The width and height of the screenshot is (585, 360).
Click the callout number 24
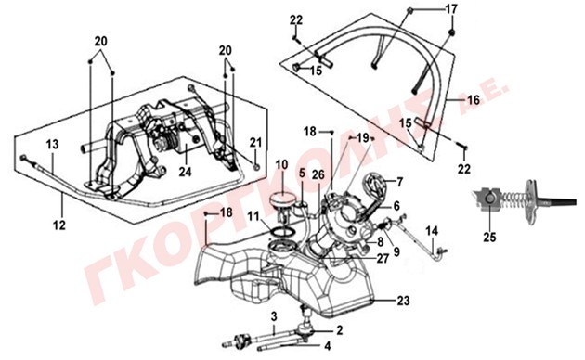185,172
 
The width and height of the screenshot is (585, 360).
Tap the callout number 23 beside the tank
403,301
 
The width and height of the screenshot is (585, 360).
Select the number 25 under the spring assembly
490,237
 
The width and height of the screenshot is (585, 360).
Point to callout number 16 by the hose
473,100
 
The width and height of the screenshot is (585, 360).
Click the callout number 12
59,225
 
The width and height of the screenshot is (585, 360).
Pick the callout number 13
53,144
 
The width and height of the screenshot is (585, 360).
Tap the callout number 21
255,142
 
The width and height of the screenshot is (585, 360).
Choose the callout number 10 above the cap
282,165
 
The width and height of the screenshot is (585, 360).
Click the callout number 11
253,216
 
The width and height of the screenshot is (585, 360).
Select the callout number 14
432,231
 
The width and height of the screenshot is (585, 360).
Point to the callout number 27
383,258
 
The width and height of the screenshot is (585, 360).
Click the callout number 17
451,9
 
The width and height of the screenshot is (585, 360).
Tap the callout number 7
400,182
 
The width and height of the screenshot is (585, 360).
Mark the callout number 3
274,317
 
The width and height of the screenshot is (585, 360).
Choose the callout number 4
327,346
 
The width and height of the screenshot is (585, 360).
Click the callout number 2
339,330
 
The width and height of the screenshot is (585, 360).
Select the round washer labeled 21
256,166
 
